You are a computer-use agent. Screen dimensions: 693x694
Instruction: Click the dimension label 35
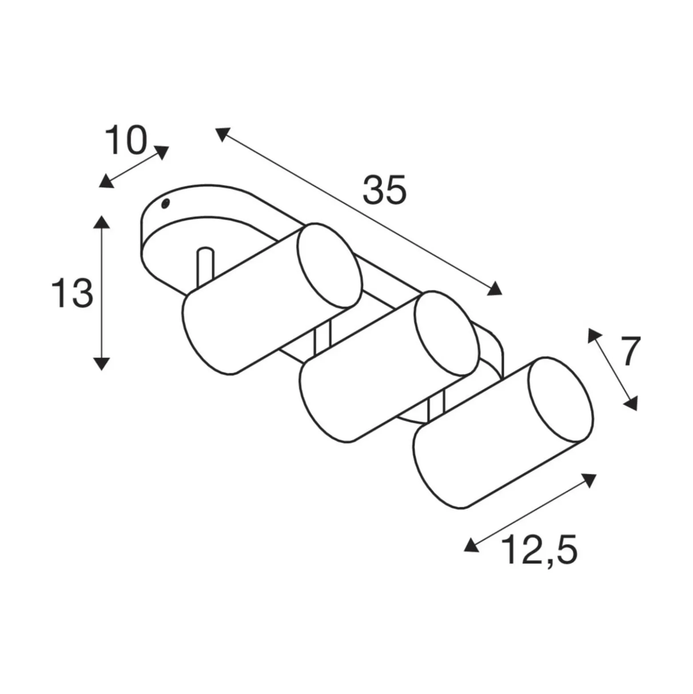384,190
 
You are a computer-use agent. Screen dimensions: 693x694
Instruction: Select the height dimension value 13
72,293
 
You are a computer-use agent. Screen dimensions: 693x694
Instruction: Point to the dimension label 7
627,351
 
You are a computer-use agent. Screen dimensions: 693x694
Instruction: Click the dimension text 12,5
539,550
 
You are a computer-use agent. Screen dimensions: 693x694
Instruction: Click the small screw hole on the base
166,204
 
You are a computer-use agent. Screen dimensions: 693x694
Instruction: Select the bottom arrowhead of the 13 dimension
102,363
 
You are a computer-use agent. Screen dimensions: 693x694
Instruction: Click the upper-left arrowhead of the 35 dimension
223,134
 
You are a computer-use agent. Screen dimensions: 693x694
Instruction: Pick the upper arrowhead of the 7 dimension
594,336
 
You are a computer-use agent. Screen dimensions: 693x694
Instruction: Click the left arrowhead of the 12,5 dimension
471,545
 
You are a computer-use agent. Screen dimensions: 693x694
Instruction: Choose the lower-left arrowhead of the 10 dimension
106,181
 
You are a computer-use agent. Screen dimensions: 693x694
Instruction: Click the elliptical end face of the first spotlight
329,266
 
